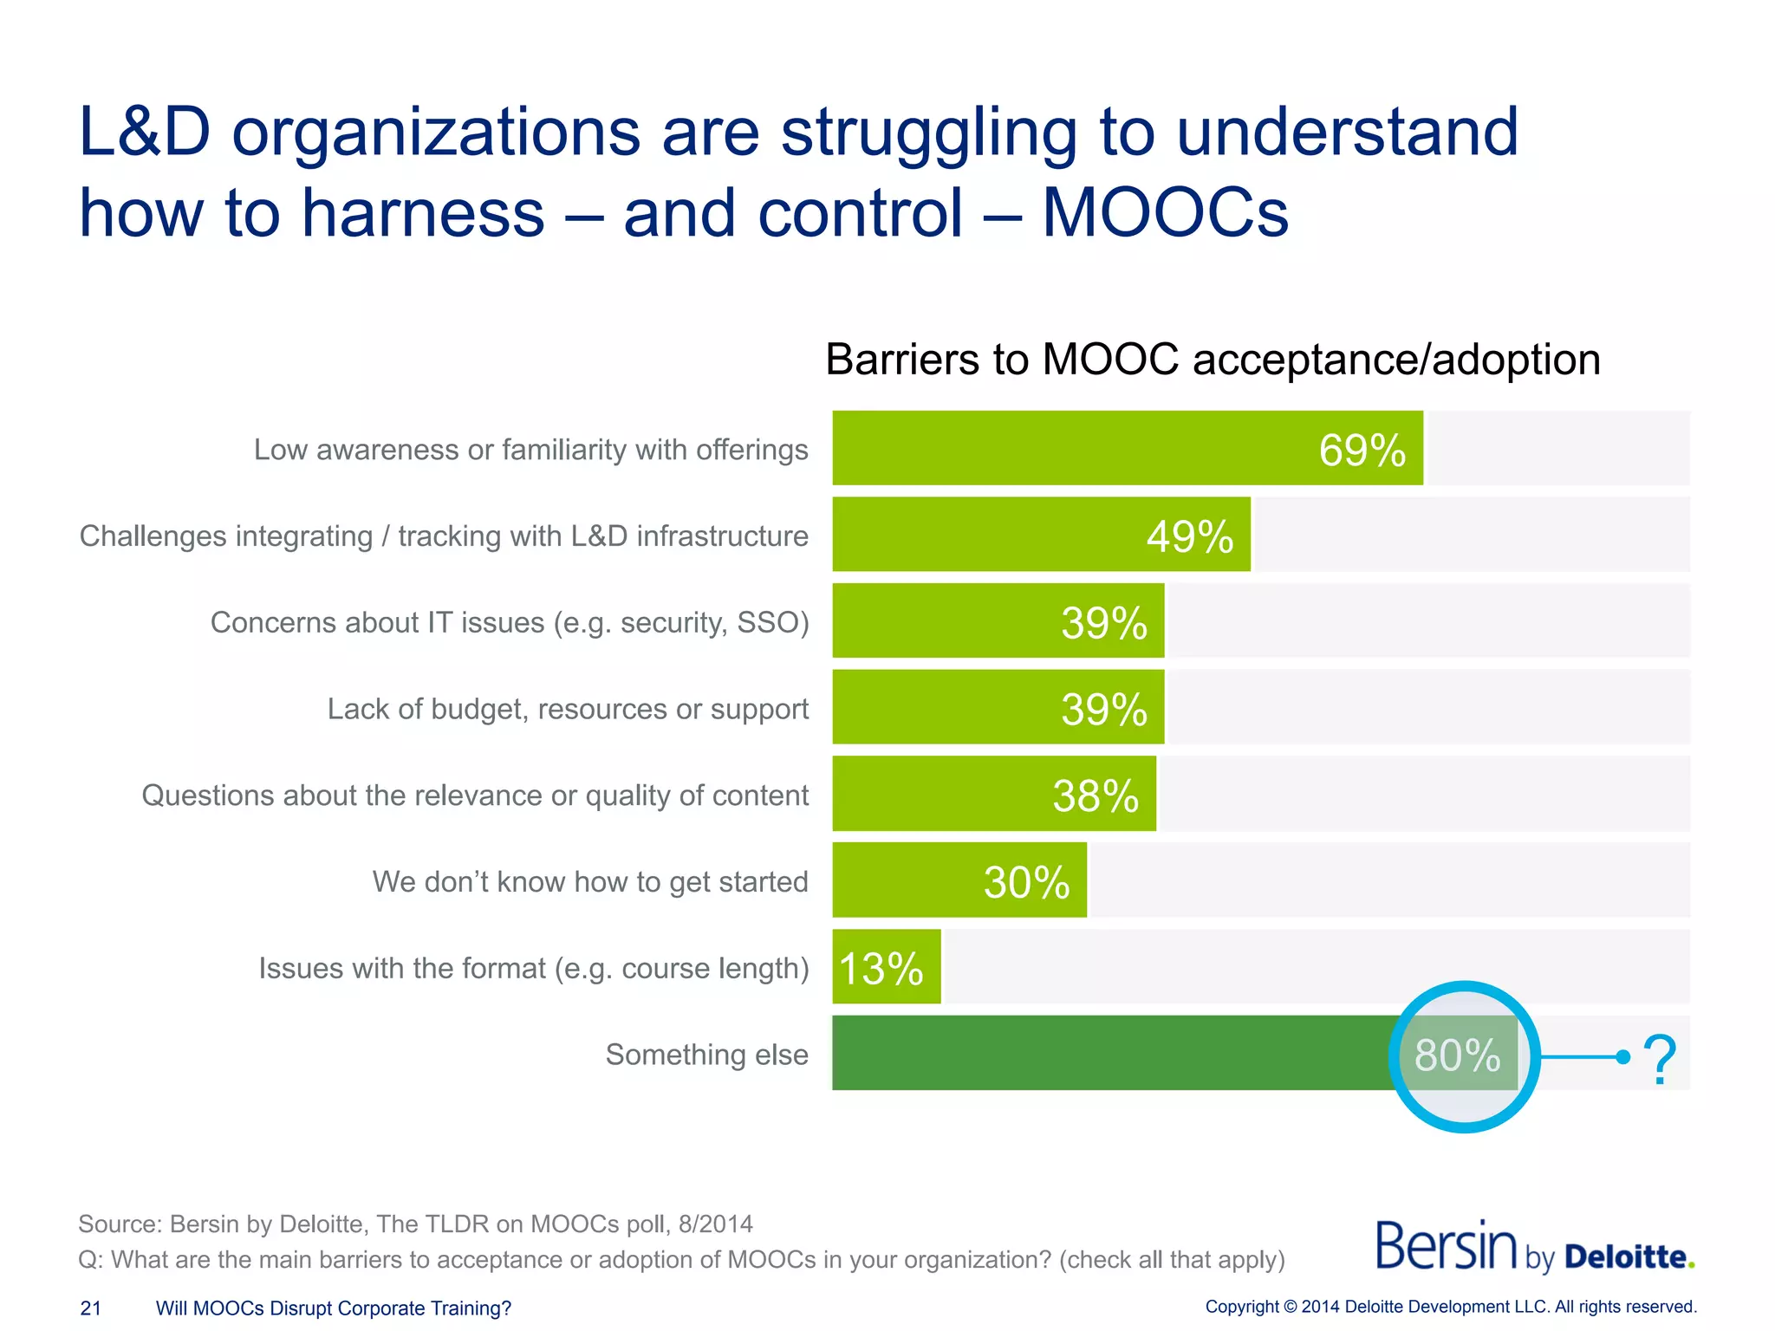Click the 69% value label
point(1362,451)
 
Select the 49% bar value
point(1189,536)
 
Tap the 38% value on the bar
point(1096,795)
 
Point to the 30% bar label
point(1026,882)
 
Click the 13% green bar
point(886,967)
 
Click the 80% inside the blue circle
point(1458,1055)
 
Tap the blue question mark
point(1659,1058)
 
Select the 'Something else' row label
point(706,1055)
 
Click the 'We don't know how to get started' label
point(590,881)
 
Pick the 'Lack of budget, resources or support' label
point(568,709)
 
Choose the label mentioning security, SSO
point(510,622)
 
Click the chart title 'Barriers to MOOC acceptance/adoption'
point(1213,359)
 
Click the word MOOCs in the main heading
point(1164,212)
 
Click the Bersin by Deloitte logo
point(1534,1248)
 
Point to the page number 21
point(91,1308)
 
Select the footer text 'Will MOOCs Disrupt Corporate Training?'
point(334,1308)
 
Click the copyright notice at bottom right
point(1450,1307)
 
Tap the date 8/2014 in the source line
point(715,1224)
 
